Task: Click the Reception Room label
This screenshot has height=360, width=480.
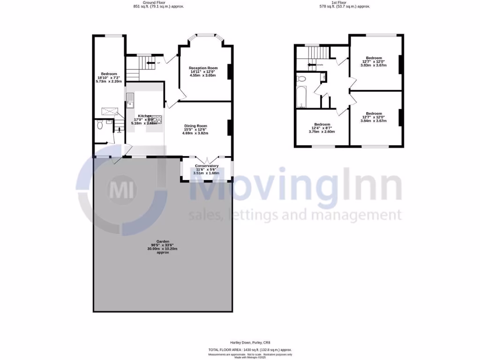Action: point(203,68)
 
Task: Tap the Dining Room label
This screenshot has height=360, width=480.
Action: point(195,126)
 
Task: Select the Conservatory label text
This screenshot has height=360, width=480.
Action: point(207,166)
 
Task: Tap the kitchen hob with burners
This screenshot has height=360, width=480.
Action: point(156,120)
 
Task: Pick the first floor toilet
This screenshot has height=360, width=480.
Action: point(301,79)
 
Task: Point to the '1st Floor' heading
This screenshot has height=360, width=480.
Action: point(345,2)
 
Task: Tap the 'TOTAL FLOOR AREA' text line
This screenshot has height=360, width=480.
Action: point(250,350)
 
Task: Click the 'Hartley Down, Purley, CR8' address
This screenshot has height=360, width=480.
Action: point(250,343)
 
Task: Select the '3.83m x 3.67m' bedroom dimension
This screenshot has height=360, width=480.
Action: point(374,66)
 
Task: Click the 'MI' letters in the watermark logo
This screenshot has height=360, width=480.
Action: point(123,191)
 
